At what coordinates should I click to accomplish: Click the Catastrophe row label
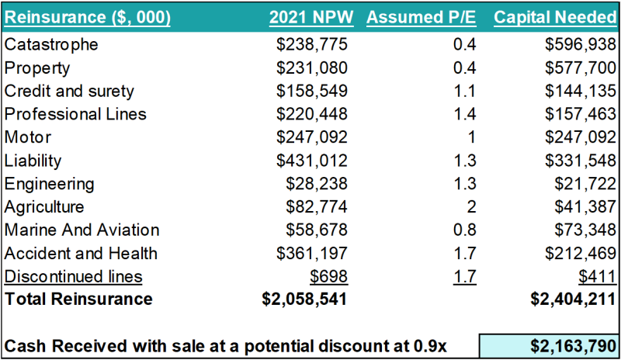pyautogui.click(x=51, y=44)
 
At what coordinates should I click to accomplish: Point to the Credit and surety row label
pyautogui.click(x=69, y=91)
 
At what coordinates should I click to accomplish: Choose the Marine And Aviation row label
pyautogui.click(x=82, y=230)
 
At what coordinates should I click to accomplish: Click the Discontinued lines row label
pyautogui.click(x=74, y=277)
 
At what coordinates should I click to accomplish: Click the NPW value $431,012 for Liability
pyautogui.click(x=312, y=161)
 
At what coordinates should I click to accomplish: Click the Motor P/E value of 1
pyautogui.click(x=470, y=137)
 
